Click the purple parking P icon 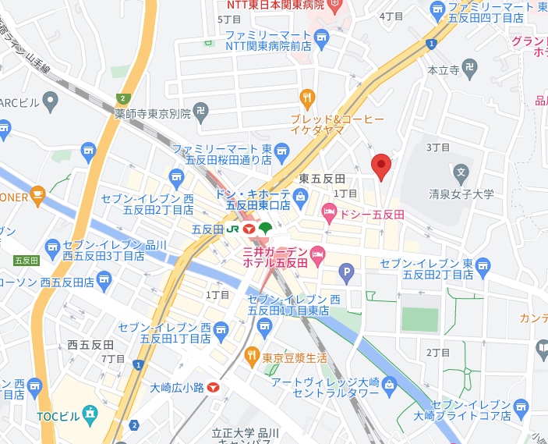[x=347, y=273]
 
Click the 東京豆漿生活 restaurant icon [x=252, y=357]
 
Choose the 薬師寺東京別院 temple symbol [x=201, y=112]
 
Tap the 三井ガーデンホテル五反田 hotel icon [x=318, y=254]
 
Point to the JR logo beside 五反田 [x=232, y=229]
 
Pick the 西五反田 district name [x=90, y=344]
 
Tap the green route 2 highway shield [x=122, y=98]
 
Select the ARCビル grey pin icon [x=51, y=101]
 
